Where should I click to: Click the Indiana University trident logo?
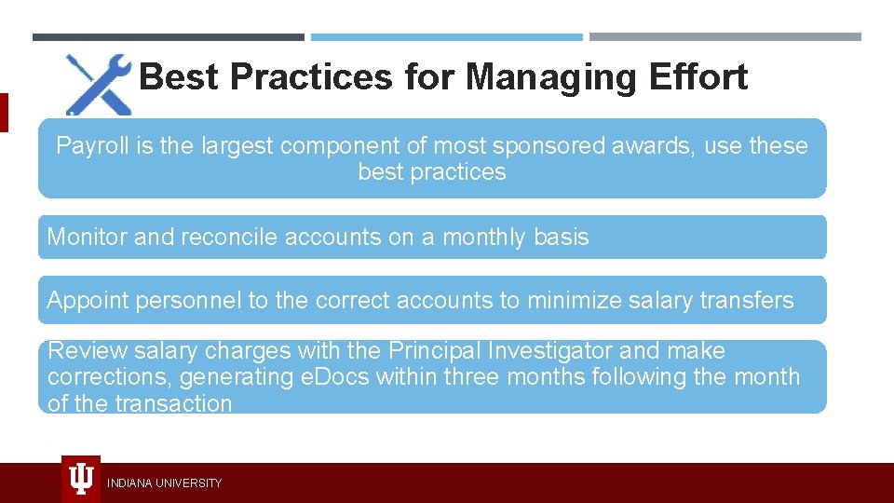tap(81, 480)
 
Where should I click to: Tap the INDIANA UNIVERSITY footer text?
tap(164, 483)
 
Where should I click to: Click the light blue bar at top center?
tap(447, 37)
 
